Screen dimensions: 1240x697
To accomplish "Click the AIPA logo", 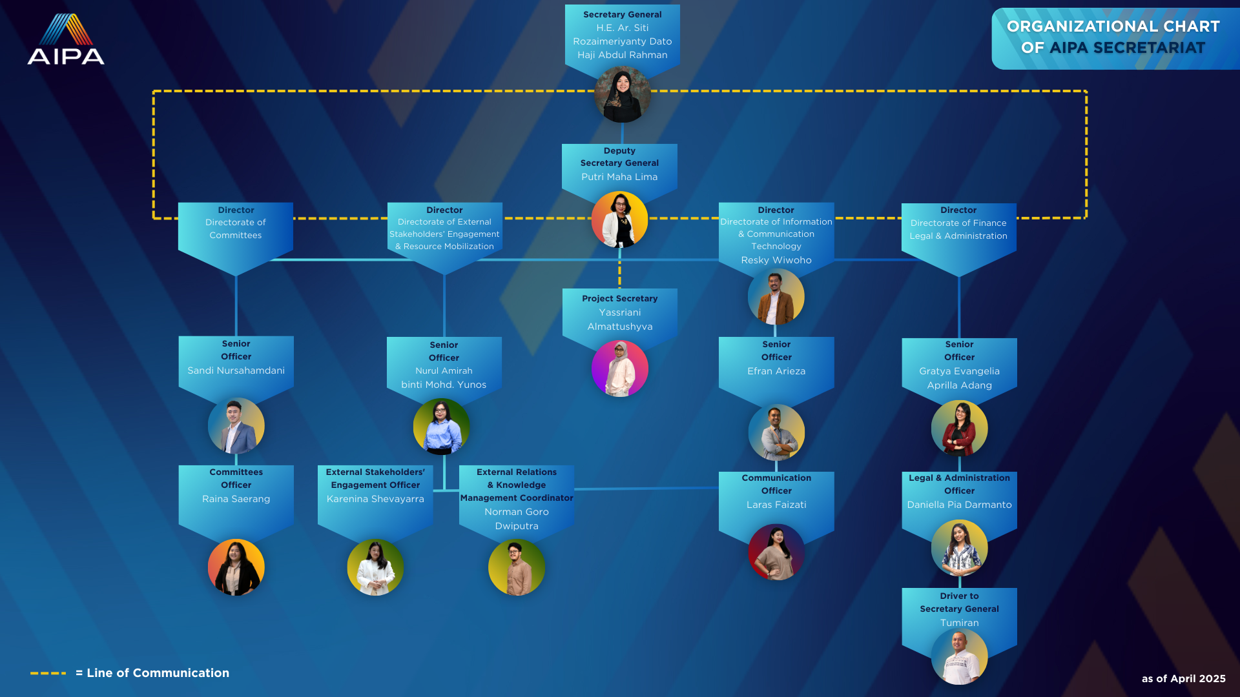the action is pyautogui.click(x=66, y=39).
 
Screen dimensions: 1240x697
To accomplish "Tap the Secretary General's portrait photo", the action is pyautogui.click(x=623, y=94).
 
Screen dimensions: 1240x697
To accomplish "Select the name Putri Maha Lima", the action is pyautogui.click(x=619, y=177).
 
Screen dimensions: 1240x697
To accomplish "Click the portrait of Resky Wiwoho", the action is pyautogui.click(x=776, y=297).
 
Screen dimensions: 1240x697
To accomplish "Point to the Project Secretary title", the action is pyautogui.click(x=620, y=299).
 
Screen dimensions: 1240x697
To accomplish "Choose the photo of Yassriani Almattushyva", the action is pyautogui.click(x=620, y=369).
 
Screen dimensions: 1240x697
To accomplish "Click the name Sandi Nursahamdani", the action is pyautogui.click(x=236, y=370).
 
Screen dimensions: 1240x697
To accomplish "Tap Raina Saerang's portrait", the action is pyautogui.click(x=236, y=567).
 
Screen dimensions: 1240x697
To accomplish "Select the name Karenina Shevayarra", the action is pyautogui.click(x=375, y=499).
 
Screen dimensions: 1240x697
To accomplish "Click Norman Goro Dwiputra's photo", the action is pyautogui.click(x=517, y=567).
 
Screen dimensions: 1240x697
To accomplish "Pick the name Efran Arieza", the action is pyautogui.click(x=776, y=371).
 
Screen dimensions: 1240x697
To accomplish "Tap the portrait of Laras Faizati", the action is pyautogui.click(x=776, y=552).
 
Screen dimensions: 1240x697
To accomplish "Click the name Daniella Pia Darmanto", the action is pyautogui.click(x=959, y=505).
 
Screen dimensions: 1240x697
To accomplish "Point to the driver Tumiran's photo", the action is pyautogui.click(x=960, y=656).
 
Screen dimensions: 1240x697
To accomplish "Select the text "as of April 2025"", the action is pyautogui.click(x=1184, y=678).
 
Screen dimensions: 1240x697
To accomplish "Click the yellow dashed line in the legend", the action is pyautogui.click(x=48, y=673).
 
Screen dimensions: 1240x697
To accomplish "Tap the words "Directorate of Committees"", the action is pyautogui.click(x=236, y=229).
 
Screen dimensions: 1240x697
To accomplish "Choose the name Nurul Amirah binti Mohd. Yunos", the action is pyautogui.click(x=444, y=378).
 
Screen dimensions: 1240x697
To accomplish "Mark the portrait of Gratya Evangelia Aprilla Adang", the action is pyautogui.click(x=960, y=429).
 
